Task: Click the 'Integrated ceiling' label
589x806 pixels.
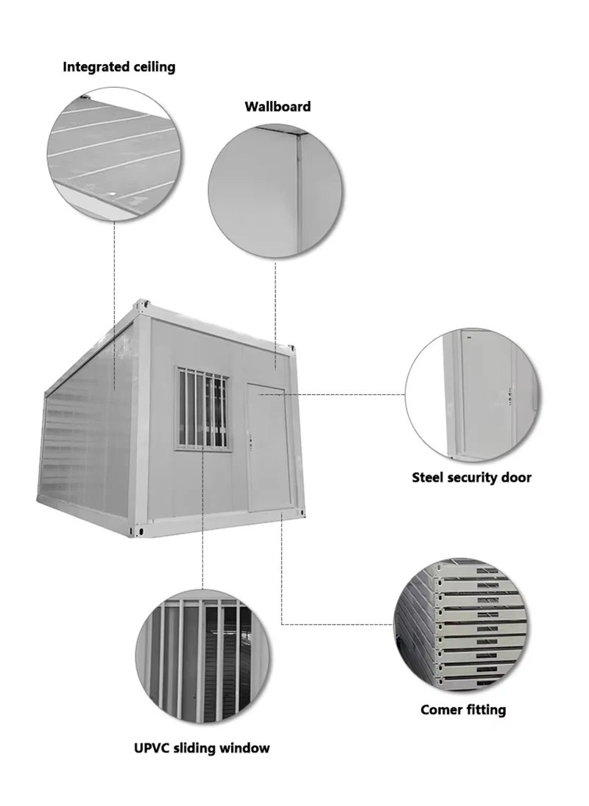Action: click(x=119, y=67)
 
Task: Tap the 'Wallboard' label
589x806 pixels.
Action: click(x=278, y=107)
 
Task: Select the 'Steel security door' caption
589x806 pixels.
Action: click(x=471, y=477)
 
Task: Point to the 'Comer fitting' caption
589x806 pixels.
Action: click(x=463, y=710)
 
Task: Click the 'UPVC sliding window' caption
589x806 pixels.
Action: click(x=202, y=749)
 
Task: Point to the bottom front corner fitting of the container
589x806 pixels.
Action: click(x=139, y=529)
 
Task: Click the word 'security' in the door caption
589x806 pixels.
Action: click(x=472, y=477)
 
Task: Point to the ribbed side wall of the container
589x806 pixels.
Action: click(x=85, y=435)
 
